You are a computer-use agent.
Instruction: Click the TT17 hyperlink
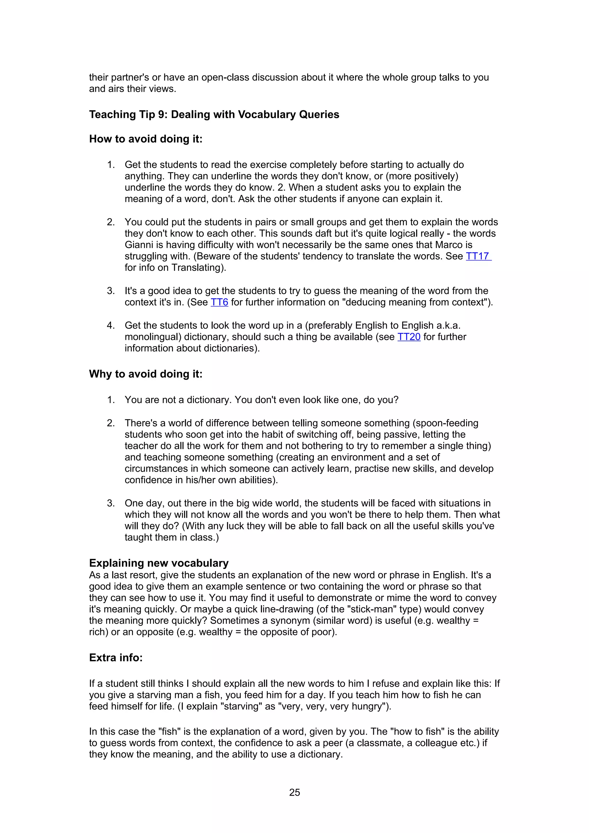pos(478,256)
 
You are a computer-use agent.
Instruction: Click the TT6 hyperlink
pos(219,302)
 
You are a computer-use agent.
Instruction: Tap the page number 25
pos(294,792)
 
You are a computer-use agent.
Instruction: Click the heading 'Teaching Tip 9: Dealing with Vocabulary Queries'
pos(214,115)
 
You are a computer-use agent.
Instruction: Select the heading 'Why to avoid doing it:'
pos(146,374)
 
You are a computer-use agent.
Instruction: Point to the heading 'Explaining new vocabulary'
pos(158,563)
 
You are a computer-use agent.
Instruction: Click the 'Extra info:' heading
pos(116,658)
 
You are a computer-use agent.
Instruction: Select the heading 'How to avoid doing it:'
pos(146,139)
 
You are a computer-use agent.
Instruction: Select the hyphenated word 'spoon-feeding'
pos(448,423)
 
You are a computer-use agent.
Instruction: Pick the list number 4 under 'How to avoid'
pos(111,325)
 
